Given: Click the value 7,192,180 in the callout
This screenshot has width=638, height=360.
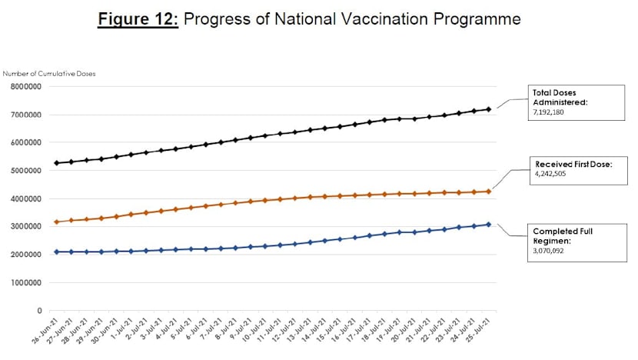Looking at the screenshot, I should (553, 112).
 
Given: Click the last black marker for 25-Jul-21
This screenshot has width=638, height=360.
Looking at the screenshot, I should (488, 109).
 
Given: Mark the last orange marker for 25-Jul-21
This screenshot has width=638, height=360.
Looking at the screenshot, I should (488, 192).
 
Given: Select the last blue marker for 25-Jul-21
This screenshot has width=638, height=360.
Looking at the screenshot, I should (488, 225).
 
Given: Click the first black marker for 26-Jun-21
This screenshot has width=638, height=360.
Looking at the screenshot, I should (56, 163).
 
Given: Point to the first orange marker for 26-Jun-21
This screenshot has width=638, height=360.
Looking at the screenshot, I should (56, 222).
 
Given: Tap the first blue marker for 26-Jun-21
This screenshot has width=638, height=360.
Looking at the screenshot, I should (56, 252).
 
